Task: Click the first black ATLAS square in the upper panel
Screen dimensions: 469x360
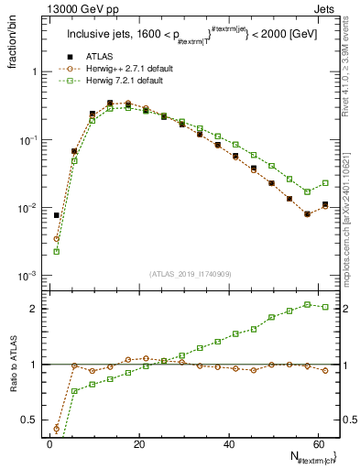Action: (x=56, y=215)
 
